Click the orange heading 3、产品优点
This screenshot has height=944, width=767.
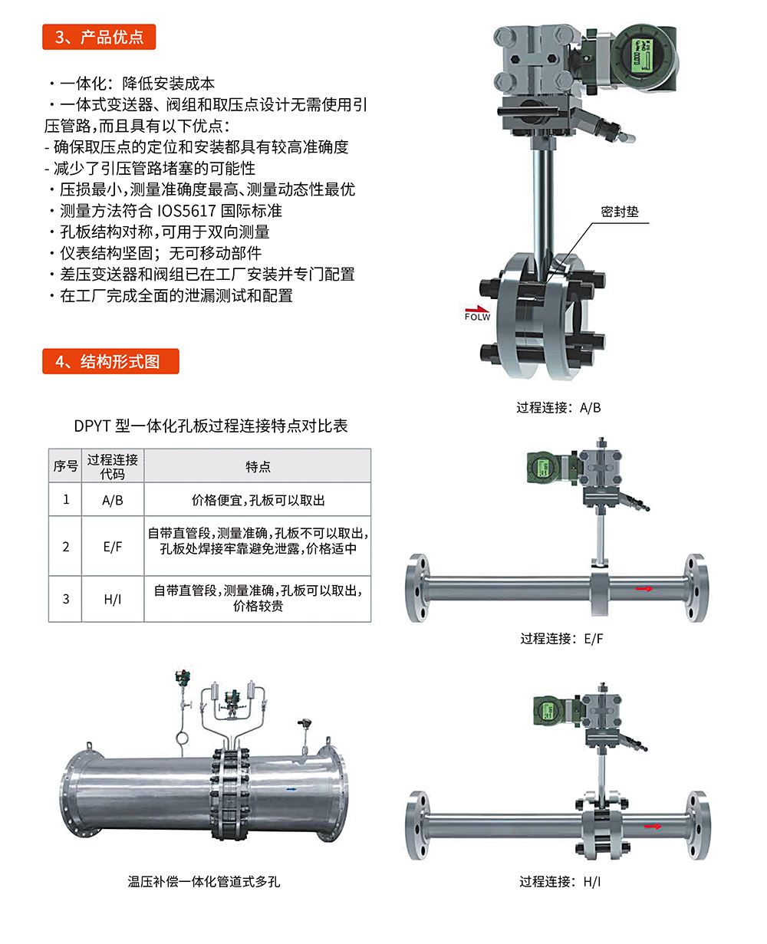(x=99, y=37)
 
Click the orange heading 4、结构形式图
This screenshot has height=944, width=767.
(x=110, y=361)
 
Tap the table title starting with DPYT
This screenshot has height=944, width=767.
(x=211, y=426)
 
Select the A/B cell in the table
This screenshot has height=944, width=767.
(x=113, y=500)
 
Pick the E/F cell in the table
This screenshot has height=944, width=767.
(x=113, y=547)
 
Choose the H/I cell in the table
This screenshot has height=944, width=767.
(x=113, y=599)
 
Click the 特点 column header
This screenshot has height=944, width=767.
(x=258, y=466)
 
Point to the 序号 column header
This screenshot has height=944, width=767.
(x=66, y=466)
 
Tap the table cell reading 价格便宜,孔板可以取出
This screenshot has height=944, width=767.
(x=258, y=500)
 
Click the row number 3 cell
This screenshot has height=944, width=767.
(x=66, y=599)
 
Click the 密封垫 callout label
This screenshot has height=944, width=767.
(x=620, y=212)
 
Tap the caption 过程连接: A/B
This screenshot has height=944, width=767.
(x=558, y=407)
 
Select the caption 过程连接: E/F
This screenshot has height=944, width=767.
(x=561, y=639)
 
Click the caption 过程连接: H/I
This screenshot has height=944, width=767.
(x=560, y=882)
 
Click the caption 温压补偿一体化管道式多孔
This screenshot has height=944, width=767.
(x=204, y=882)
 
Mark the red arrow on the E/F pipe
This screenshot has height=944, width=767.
(x=644, y=588)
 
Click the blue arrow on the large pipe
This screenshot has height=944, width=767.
(x=291, y=789)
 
